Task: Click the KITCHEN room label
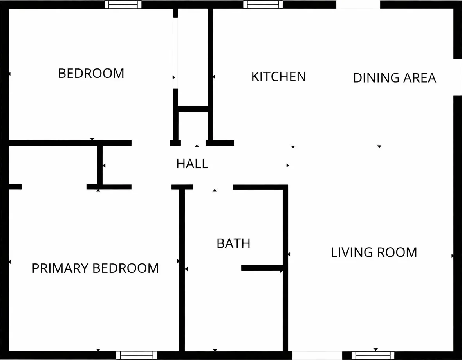[x=278, y=77]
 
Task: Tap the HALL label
[x=192, y=164]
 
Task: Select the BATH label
[x=233, y=243]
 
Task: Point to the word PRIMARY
[x=60, y=268]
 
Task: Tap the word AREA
[x=420, y=78]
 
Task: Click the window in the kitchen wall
[x=263, y=4]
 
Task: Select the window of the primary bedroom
[x=136, y=355]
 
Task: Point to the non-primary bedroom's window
[x=123, y=4]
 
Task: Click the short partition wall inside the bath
[x=262, y=268]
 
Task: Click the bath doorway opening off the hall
[x=213, y=187]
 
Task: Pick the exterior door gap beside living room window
[x=317, y=355]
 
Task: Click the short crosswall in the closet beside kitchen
[x=193, y=109]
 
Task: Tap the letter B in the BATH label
[x=220, y=243]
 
